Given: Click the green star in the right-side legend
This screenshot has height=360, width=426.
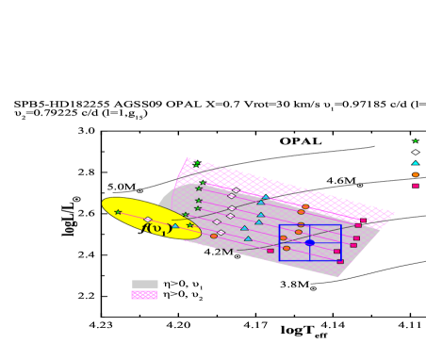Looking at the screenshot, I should click(415, 141).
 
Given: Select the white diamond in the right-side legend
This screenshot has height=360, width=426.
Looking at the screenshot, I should click(415, 152).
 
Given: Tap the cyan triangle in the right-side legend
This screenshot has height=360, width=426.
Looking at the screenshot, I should click(415, 163).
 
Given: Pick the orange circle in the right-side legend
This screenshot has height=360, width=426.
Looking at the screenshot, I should click(415, 174).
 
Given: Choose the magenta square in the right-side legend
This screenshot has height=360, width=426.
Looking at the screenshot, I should click(415, 186).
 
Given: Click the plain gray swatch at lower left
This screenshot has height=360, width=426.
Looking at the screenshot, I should click(144, 284).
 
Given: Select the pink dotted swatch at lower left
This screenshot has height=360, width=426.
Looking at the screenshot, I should click(144, 295).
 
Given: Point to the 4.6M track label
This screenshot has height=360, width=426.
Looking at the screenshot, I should click(340, 181).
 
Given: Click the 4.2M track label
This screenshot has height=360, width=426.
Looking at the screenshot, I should click(218, 253).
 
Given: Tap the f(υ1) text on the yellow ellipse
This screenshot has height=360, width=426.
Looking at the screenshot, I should click(156, 227).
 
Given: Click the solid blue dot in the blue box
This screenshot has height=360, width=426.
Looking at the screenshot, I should click(309, 243).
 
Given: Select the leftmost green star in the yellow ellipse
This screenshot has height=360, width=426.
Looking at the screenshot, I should click(118, 212).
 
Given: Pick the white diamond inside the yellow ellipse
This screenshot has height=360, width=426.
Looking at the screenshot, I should click(147, 220).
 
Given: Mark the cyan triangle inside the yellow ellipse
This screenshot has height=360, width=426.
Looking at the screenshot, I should click(174, 226).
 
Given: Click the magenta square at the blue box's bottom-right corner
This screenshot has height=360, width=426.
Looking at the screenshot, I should click(340, 261).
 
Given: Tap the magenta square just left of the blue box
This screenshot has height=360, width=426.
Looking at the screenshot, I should click(270, 251).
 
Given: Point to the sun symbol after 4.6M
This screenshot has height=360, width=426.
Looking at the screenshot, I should click(360, 185).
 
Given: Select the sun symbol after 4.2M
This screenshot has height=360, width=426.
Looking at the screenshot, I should click(238, 256).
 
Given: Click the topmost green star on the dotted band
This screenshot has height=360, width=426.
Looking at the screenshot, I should click(197, 165).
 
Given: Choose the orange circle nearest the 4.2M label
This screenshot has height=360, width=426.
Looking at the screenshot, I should click(214, 236).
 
